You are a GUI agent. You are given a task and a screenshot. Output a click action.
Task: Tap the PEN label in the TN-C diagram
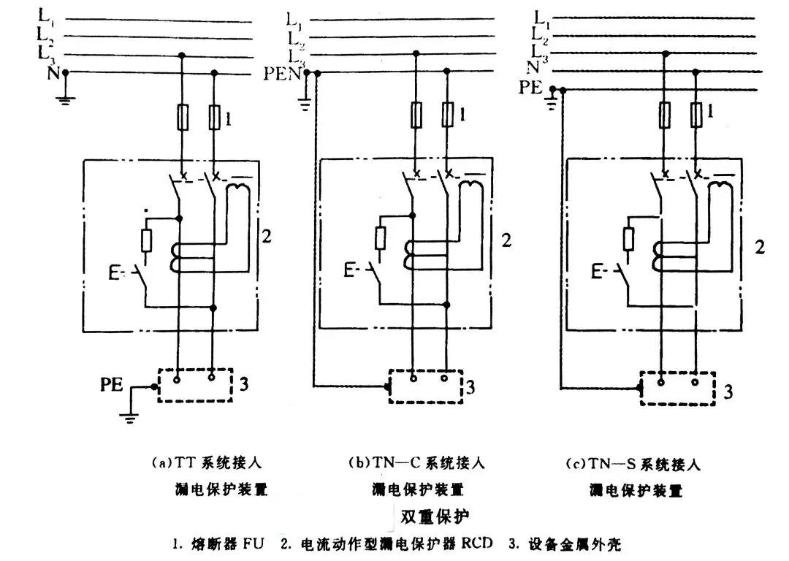click(x=282, y=73)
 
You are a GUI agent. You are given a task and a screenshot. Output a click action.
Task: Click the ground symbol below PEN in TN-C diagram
click(x=305, y=105)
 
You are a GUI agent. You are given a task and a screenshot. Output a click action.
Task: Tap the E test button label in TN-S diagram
click(x=596, y=273)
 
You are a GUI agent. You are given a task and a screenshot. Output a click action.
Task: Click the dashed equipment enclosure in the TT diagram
click(x=194, y=383)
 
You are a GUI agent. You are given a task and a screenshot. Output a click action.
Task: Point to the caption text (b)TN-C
click(x=416, y=462)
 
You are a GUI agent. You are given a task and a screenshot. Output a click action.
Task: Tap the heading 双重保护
click(x=435, y=516)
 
